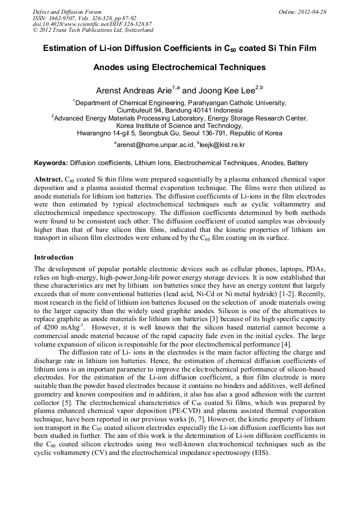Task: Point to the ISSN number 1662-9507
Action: click(x=64, y=18)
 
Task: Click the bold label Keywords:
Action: click(x=51, y=163)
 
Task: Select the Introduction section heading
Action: click(x=54, y=257)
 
